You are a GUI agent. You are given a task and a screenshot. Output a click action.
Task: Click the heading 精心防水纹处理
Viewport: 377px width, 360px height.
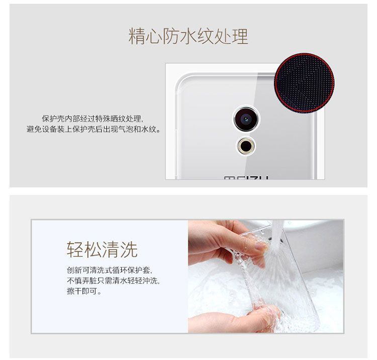[188, 36]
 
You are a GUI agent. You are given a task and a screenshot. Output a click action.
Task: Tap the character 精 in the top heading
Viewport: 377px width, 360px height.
[137, 36]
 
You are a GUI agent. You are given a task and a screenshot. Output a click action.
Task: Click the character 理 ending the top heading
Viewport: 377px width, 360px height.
[240, 36]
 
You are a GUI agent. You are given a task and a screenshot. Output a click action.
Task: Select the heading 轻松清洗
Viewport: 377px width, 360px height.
[102, 250]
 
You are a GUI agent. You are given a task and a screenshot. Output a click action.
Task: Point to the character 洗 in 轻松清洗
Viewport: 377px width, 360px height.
[129, 250]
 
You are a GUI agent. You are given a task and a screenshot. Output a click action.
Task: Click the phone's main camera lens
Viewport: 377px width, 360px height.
[246, 119]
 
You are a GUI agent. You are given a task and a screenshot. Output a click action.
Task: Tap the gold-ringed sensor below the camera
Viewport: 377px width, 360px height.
[246, 146]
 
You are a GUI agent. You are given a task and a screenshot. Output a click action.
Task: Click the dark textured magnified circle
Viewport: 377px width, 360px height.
[305, 83]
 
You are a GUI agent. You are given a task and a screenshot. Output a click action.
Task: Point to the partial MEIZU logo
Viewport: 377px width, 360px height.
[246, 178]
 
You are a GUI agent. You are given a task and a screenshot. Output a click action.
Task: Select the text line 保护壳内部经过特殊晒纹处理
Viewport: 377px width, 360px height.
[92, 118]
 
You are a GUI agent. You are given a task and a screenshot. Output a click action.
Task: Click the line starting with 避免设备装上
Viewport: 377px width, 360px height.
[93, 130]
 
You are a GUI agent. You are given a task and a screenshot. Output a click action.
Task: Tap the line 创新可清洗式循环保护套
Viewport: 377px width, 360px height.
[110, 270]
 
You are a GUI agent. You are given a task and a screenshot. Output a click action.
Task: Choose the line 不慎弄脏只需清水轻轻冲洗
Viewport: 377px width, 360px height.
[113, 281]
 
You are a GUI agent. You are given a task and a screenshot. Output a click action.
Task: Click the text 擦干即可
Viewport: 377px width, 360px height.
[84, 291]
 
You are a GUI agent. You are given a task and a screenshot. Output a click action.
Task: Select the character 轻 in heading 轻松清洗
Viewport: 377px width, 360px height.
[75, 250]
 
